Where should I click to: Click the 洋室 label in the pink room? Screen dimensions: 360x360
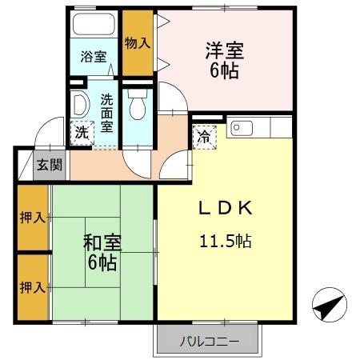click(225, 50)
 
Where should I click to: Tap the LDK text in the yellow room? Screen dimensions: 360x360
click(226, 208)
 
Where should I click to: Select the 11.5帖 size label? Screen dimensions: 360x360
click(226, 241)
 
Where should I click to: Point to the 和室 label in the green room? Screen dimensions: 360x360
click(102, 242)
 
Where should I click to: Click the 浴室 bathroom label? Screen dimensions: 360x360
click(94, 57)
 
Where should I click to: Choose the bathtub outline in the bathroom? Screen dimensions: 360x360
click(94, 24)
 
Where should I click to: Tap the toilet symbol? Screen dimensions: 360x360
click(138, 104)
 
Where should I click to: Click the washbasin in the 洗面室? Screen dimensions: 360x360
click(79, 105)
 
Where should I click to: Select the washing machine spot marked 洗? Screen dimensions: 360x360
click(82, 133)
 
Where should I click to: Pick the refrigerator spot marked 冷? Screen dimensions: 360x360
click(205, 137)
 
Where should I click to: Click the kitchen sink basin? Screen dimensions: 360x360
click(242, 128)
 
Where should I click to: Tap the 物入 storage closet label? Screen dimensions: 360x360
click(138, 43)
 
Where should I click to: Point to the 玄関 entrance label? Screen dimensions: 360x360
click(50, 165)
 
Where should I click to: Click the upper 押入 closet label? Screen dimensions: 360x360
click(33, 218)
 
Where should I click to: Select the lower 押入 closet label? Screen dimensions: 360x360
click(33, 287)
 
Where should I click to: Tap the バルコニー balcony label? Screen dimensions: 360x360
click(210, 342)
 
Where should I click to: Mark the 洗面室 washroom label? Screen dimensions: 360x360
click(106, 114)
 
